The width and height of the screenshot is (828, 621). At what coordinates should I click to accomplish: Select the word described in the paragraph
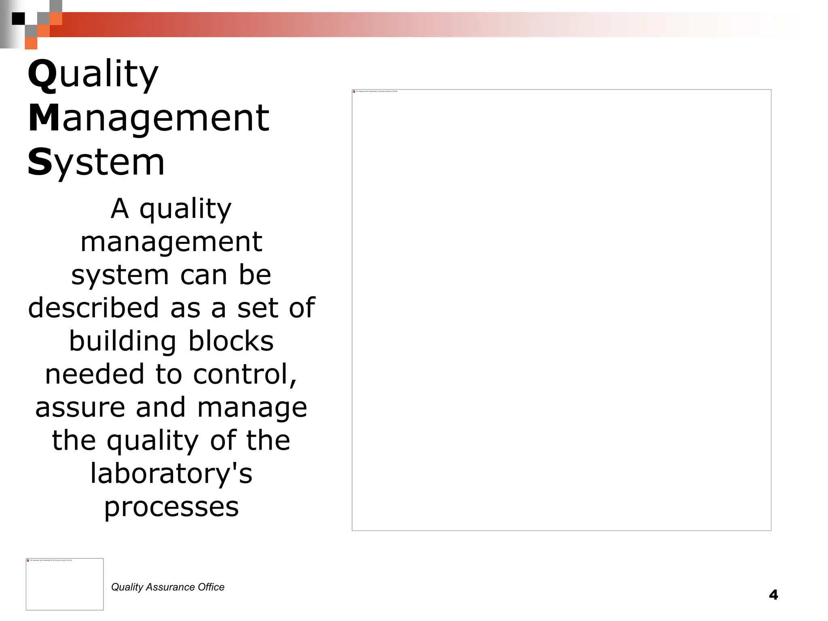click(93, 308)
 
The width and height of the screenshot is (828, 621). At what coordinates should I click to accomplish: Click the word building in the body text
click(123, 342)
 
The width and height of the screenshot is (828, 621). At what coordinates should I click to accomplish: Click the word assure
click(80, 408)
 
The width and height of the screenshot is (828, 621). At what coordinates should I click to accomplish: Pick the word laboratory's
click(171, 474)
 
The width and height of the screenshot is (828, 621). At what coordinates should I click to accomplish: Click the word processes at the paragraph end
click(171, 507)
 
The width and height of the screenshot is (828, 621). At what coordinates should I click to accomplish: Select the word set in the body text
click(255, 308)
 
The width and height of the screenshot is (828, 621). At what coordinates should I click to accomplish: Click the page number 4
click(773, 595)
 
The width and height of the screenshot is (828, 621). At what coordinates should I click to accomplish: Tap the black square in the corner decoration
click(18, 19)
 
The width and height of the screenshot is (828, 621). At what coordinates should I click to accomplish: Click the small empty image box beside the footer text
click(65, 584)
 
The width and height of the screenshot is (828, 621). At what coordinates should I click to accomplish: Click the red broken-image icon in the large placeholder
click(354, 92)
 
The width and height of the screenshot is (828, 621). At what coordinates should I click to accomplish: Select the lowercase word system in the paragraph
click(120, 275)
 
